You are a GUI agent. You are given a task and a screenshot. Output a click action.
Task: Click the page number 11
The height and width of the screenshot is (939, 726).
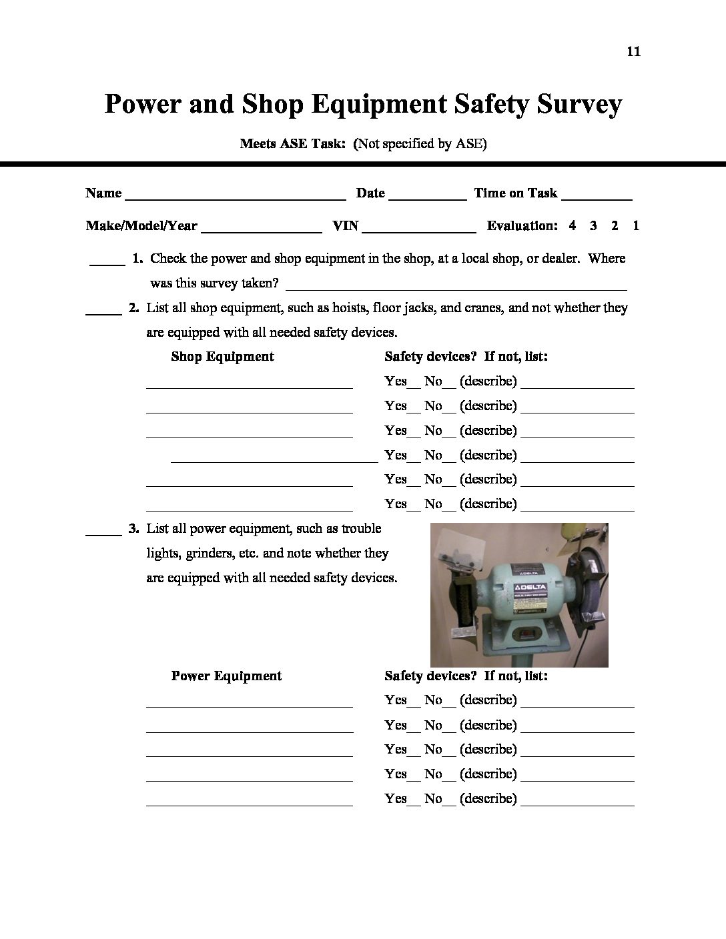(634, 51)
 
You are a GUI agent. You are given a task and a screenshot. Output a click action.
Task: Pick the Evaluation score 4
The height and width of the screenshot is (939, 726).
(573, 225)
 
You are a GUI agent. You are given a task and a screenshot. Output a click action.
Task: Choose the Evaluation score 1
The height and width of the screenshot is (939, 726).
(636, 225)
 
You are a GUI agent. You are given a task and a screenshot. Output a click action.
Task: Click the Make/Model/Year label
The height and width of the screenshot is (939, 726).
(141, 226)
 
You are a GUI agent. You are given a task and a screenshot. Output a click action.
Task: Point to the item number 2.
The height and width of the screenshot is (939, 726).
(133, 308)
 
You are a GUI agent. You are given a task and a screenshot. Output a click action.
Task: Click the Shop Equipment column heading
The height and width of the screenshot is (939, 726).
(222, 357)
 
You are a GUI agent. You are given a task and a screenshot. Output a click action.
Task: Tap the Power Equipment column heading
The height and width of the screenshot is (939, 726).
(226, 676)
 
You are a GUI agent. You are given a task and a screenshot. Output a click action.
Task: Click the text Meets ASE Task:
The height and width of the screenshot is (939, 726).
(293, 143)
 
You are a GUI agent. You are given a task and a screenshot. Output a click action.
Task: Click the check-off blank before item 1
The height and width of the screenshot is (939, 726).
(107, 263)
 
